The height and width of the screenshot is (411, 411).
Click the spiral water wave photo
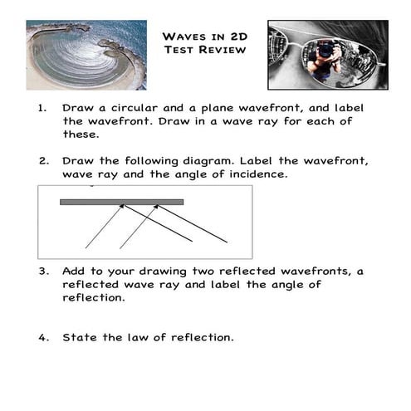(x=86, y=55)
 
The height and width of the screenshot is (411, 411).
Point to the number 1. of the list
(x=42, y=108)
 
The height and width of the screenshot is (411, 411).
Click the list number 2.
(x=42, y=161)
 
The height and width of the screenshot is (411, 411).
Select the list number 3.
(x=42, y=272)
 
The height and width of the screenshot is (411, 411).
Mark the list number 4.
(x=42, y=337)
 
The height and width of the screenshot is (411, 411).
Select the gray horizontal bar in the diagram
(x=121, y=201)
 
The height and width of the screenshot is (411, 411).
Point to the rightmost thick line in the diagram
(x=192, y=224)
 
